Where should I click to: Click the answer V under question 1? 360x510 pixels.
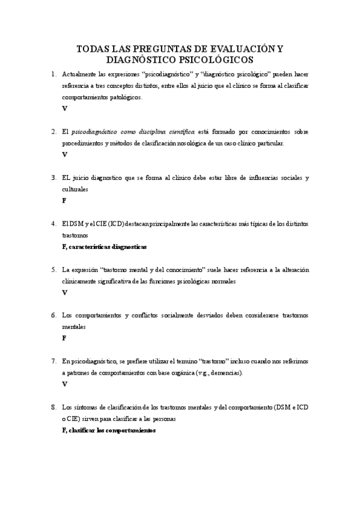click(x=64, y=108)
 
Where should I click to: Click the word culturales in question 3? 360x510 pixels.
click(x=75, y=189)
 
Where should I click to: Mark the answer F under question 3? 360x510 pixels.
click(x=64, y=200)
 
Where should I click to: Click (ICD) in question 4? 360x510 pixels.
click(x=114, y=224)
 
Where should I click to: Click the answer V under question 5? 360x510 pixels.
click(x=64, y=292)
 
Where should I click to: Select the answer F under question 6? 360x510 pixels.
click(x=64, y=338)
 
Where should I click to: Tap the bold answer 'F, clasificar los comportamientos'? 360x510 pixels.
click(x=109, y=430)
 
